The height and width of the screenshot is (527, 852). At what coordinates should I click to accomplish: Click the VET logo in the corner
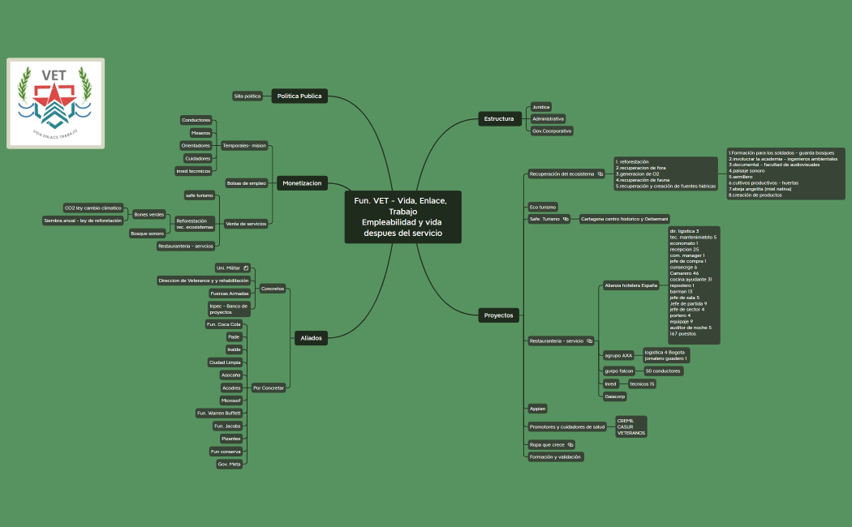[55, 103]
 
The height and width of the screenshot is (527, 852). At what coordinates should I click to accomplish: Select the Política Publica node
[299, 96]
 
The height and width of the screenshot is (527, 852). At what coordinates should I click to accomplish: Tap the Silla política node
[247, 96]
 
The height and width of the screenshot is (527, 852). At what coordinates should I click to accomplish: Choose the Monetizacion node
[302, 183]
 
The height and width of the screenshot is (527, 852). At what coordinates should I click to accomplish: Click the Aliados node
[311, 338]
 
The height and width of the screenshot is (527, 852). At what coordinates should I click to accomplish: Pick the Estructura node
[499, 119]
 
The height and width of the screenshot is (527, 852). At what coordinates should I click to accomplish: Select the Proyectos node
[498, 315]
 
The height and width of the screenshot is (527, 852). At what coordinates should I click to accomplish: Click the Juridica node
[540, 106]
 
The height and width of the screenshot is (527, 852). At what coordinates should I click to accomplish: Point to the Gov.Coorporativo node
[552, 131]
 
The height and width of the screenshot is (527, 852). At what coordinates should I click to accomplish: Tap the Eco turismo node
[543, 207]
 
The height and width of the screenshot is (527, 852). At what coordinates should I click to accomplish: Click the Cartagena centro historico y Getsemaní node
[624, 219]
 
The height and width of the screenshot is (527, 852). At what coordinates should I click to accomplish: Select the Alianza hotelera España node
[631, 285]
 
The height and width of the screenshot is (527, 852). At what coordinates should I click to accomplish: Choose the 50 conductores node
[662, 371]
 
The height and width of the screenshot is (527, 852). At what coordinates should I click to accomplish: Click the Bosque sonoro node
[147, 234]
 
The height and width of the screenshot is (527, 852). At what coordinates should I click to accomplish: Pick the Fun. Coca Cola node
[224, 324]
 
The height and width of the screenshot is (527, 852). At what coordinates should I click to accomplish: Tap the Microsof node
[231, 401]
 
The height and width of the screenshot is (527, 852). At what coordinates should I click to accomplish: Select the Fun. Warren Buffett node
[219, 413]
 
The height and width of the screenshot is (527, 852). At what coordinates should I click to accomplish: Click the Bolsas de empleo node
[246, 183]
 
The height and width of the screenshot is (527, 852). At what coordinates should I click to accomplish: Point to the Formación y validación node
[555, 456]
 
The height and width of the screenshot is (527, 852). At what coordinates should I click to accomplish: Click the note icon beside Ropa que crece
[570, 444]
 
